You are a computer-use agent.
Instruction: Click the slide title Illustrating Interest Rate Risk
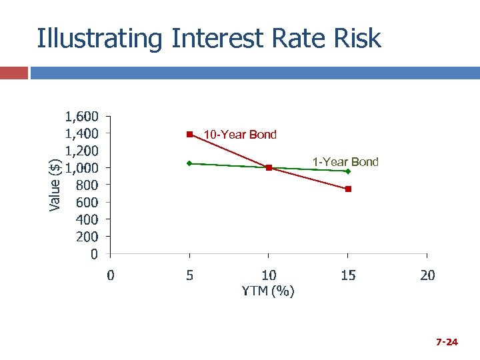tap(209, 39)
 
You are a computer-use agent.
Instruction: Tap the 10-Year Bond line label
tap(239, 135)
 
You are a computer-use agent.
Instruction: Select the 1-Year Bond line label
tap(345, 162)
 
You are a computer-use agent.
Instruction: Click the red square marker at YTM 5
tap(189, 135)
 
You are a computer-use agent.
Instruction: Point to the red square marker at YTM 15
tap(348, 189)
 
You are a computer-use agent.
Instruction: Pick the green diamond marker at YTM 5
tap(189, 163)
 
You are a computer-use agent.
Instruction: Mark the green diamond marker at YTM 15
tap(348, 171)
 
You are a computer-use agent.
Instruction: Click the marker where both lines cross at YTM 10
tap(269, 167)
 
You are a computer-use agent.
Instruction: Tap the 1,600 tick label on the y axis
tap(82, 115)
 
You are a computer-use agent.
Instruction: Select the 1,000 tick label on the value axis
tap(82, 167)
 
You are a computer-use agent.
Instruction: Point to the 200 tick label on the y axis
tap(87, 237)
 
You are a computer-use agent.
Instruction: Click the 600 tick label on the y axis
tap(87, 202)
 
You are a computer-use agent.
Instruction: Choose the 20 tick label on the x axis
tap(427, 275)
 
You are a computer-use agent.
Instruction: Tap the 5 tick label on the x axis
tap(190, 275)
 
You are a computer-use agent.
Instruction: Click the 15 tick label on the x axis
tap(348, 275)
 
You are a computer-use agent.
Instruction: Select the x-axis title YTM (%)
tap(269, 291)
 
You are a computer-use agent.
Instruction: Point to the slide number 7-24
tap(447, 343)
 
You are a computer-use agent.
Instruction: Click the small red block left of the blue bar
tap(14, 73)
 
